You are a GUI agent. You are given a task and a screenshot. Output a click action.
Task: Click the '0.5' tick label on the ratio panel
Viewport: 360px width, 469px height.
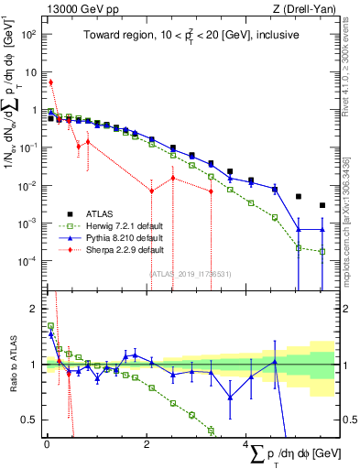pyautogui.click(x=32, y=420)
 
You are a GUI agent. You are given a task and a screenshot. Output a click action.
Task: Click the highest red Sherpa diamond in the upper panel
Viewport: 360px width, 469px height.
pyautogui.click(x=50, y=82)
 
